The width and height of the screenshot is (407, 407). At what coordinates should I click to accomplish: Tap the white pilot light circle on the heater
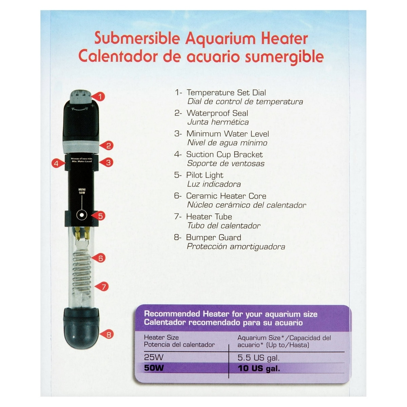point(81,215)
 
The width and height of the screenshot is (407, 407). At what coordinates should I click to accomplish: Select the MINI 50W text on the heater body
point(82,191)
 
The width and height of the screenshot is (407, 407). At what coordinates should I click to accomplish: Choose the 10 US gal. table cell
point(259,369)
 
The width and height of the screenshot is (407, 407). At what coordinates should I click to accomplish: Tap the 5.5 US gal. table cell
point(258,357)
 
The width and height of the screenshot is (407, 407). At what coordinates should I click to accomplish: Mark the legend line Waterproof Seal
point(217,113)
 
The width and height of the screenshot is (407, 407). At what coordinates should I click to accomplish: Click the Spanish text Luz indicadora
point(214,184)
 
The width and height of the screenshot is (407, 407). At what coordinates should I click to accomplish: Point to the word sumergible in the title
point(284,57)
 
